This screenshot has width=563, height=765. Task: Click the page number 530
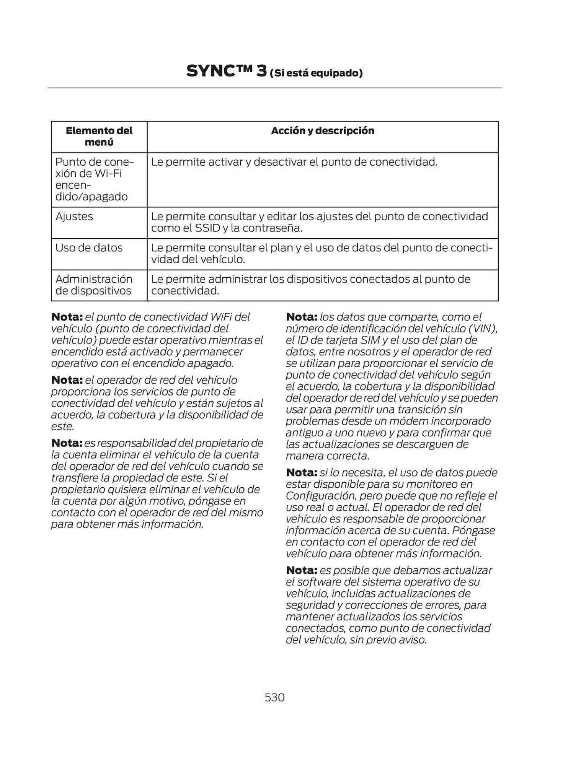coord(274,697)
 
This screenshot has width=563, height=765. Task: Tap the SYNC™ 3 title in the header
coord(226,71)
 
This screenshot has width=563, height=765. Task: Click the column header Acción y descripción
coord(322,131)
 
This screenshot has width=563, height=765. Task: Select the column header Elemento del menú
coord(99,136)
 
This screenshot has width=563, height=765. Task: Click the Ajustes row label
coord(74,216)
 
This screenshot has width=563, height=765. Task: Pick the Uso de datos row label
coord(89,248)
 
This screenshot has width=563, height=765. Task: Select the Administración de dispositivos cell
coord(94,285)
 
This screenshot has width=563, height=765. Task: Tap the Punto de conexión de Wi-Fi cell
coord(94,179)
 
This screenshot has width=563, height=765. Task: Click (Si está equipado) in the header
coord(316,73)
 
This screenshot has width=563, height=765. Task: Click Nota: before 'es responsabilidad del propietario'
coord(67,443)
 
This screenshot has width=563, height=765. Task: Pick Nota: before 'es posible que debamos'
coord(301,570)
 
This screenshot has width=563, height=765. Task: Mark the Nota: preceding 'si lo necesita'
coord(301,473)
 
